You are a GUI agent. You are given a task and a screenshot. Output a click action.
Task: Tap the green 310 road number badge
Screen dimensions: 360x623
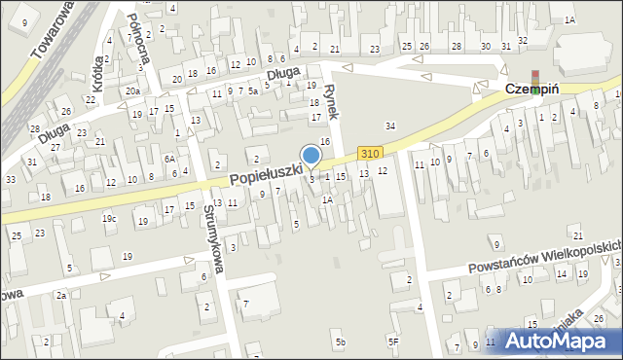coord(369,154)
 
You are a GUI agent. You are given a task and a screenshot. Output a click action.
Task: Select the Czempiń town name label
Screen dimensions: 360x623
coord(531,89)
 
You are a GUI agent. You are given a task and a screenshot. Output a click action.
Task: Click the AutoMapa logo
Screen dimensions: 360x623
coord(560,342)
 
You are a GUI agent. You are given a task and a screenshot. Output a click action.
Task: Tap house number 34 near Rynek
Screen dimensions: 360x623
coord(390,126)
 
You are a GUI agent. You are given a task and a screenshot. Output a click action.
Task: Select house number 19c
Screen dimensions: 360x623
coord(109,219)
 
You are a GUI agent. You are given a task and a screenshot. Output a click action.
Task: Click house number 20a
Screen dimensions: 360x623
coord(132,91)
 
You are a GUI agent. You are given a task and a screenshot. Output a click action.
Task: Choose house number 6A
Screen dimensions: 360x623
coord(169,159)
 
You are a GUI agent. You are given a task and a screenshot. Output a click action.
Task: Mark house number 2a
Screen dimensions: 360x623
coord(60,295)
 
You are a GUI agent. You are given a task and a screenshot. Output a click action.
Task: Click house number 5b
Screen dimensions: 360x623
coord(340,342)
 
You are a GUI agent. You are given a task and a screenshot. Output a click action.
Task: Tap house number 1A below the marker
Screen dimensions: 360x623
coord(328,199)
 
